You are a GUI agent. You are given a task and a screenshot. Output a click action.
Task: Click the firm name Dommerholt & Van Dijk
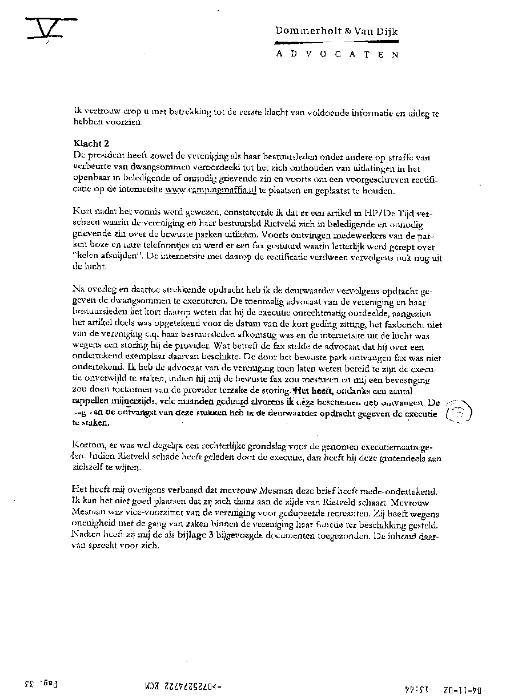coord(336,32)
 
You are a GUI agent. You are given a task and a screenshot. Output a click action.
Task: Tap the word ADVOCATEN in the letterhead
coord(336,54)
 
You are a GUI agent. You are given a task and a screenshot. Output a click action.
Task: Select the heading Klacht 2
coord(90,144)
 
